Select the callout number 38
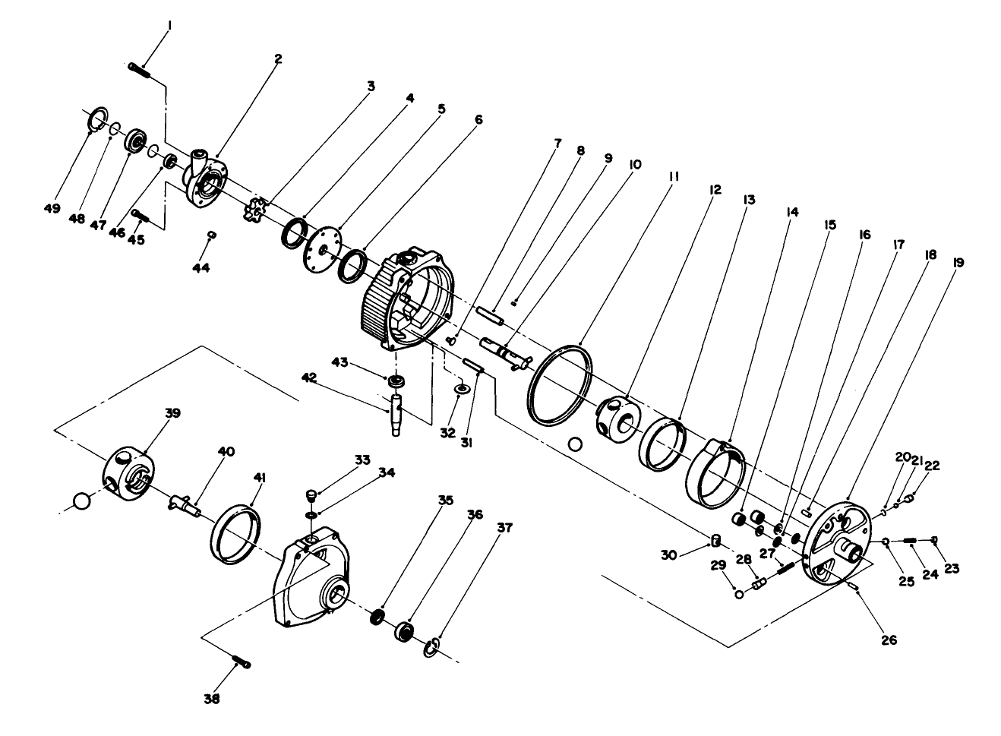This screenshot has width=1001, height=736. [x=212, y=699]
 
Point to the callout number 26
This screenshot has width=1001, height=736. [x=888, y=640]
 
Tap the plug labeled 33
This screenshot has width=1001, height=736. [x=311, y=497]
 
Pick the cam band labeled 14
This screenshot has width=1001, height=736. [x=715, y=472]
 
